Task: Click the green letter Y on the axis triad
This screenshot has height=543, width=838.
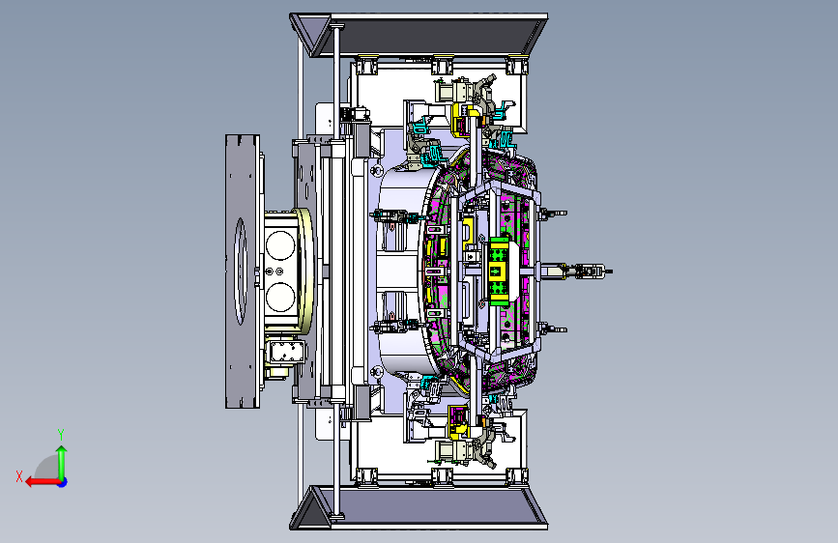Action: coord(61,434)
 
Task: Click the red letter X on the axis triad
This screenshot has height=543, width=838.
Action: coord(19,476)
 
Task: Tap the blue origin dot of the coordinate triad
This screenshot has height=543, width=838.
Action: coord(63,482)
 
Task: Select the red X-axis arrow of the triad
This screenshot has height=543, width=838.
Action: coord(43,482)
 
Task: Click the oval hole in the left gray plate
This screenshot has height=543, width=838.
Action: coord(241,271)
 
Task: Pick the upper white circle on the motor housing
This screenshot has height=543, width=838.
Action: coord(280,245)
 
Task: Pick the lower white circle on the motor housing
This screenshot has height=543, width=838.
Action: coord(280,298)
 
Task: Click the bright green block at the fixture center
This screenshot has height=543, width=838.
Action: coord(499,271)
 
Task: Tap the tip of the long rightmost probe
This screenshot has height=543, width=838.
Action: coord(612,271)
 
